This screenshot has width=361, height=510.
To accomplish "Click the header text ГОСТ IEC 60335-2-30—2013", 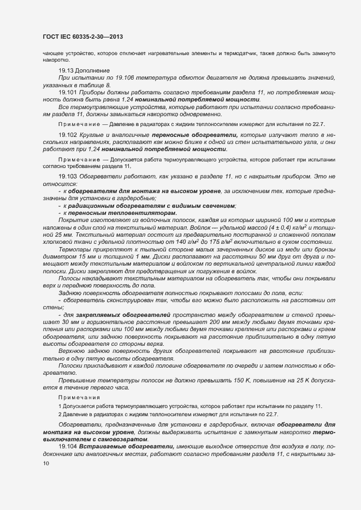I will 82,37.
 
